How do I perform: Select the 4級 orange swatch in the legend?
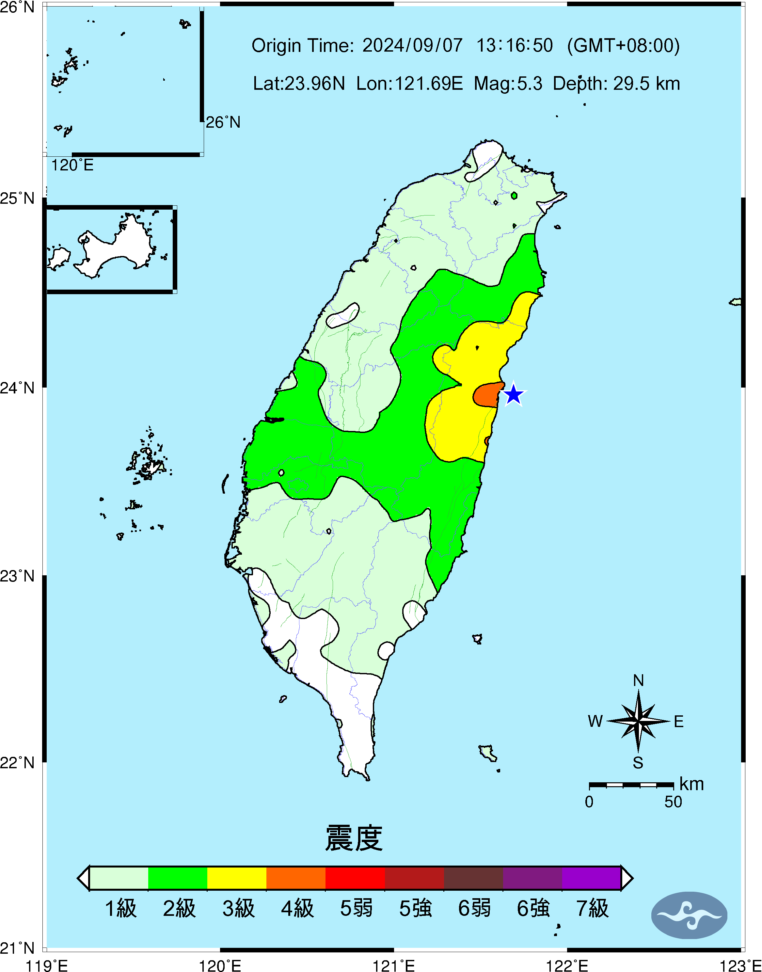coord(296,878)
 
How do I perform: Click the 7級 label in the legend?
coord(592,908)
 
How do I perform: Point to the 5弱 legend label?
coord(356,908)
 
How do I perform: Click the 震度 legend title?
coord(354,838)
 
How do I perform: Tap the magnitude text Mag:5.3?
coord(508,83)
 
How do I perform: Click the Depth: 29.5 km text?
coord(616,83)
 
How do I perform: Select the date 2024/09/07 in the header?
coord(412,45)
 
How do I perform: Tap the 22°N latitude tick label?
coord(17,763)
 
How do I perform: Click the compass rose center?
coord(638,721)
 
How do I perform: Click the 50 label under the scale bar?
coord(673,802)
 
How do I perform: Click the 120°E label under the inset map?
coord(72,166)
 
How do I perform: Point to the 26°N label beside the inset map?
coord(223,122)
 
